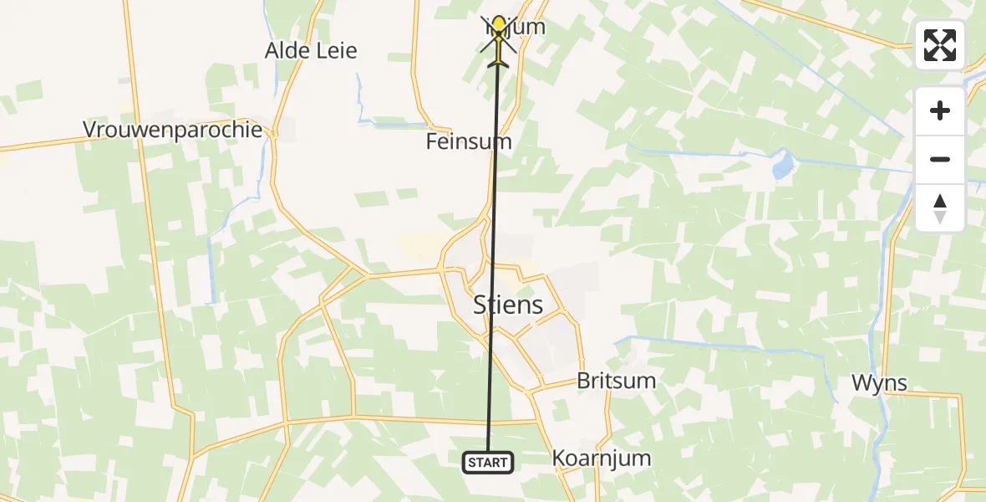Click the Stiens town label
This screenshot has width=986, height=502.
pos(508,305)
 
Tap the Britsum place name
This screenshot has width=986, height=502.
pos(616,382)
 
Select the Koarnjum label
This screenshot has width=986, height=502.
pos(601,458)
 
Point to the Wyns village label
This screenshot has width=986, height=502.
pos(879,383)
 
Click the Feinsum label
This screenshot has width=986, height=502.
pos(468,142)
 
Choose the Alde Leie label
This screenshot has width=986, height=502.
pos(311,51)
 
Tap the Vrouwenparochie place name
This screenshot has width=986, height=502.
pos(172,131)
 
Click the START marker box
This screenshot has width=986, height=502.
pos(488,462)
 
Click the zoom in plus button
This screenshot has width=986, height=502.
pos(940,111)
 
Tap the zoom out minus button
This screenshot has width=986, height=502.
pos(940,160)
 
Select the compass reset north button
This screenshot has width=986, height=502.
pos(940,208)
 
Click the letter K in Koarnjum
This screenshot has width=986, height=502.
pos(559,458)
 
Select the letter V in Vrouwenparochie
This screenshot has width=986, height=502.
pos(89,131)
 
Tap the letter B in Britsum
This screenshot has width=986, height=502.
pos(583,382)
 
